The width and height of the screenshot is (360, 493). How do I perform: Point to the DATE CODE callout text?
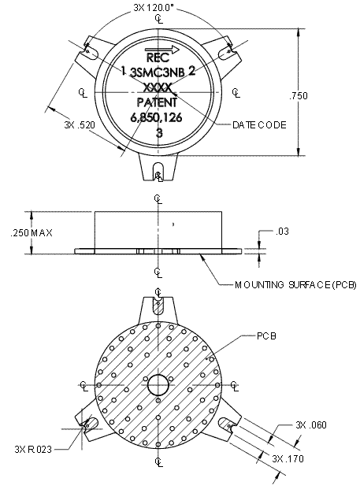259,125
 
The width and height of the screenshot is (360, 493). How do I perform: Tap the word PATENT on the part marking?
158,102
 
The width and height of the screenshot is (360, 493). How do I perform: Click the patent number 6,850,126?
158,117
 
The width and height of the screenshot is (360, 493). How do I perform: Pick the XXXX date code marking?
158,87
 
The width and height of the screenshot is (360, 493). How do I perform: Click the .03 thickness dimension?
283,232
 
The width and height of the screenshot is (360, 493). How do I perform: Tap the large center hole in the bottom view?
158,385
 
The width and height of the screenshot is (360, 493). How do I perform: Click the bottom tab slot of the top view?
158,170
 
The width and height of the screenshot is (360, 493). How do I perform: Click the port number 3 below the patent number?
159,133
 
